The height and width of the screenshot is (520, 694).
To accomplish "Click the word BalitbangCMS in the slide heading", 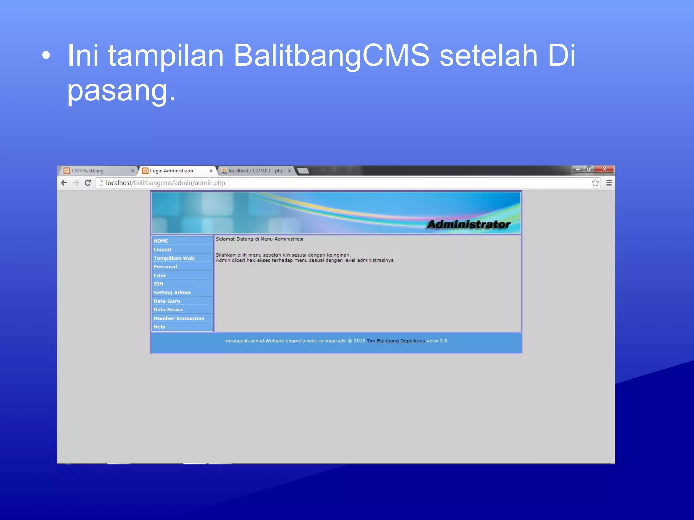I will [x=331, y=55].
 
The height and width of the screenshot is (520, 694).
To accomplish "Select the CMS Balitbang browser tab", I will [x=87, y=171].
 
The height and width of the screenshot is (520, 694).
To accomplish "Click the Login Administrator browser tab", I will [x=172, y=171].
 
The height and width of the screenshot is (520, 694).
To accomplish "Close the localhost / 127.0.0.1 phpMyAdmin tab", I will [x=289, y=171].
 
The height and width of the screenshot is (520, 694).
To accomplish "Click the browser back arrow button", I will [x=64, y=183].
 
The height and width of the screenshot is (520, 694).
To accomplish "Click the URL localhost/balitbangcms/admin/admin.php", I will [x=165, y=183].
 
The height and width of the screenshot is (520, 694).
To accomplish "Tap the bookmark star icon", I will [x=595, y=183].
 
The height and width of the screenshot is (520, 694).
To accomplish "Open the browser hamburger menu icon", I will [x=609, y=183].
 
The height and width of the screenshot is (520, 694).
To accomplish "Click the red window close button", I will [x=605, y=169].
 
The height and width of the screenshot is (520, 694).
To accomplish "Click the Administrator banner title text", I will [x=468, y=224].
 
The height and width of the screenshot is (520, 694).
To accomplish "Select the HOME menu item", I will [x=161, y=241].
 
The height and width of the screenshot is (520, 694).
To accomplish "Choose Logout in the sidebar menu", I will [x=162, y=250].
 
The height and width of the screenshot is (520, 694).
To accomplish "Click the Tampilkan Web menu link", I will [x=174, y=258].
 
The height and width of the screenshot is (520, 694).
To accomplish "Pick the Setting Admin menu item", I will [x=172, y=292].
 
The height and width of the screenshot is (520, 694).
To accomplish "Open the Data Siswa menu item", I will [x=168, y=309].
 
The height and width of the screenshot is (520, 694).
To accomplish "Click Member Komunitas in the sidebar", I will [x=179, y=318].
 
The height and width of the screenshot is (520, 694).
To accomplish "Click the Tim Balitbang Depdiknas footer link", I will [x=395, y=341].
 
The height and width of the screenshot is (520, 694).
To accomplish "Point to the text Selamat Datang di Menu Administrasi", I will [x=259, y=239].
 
